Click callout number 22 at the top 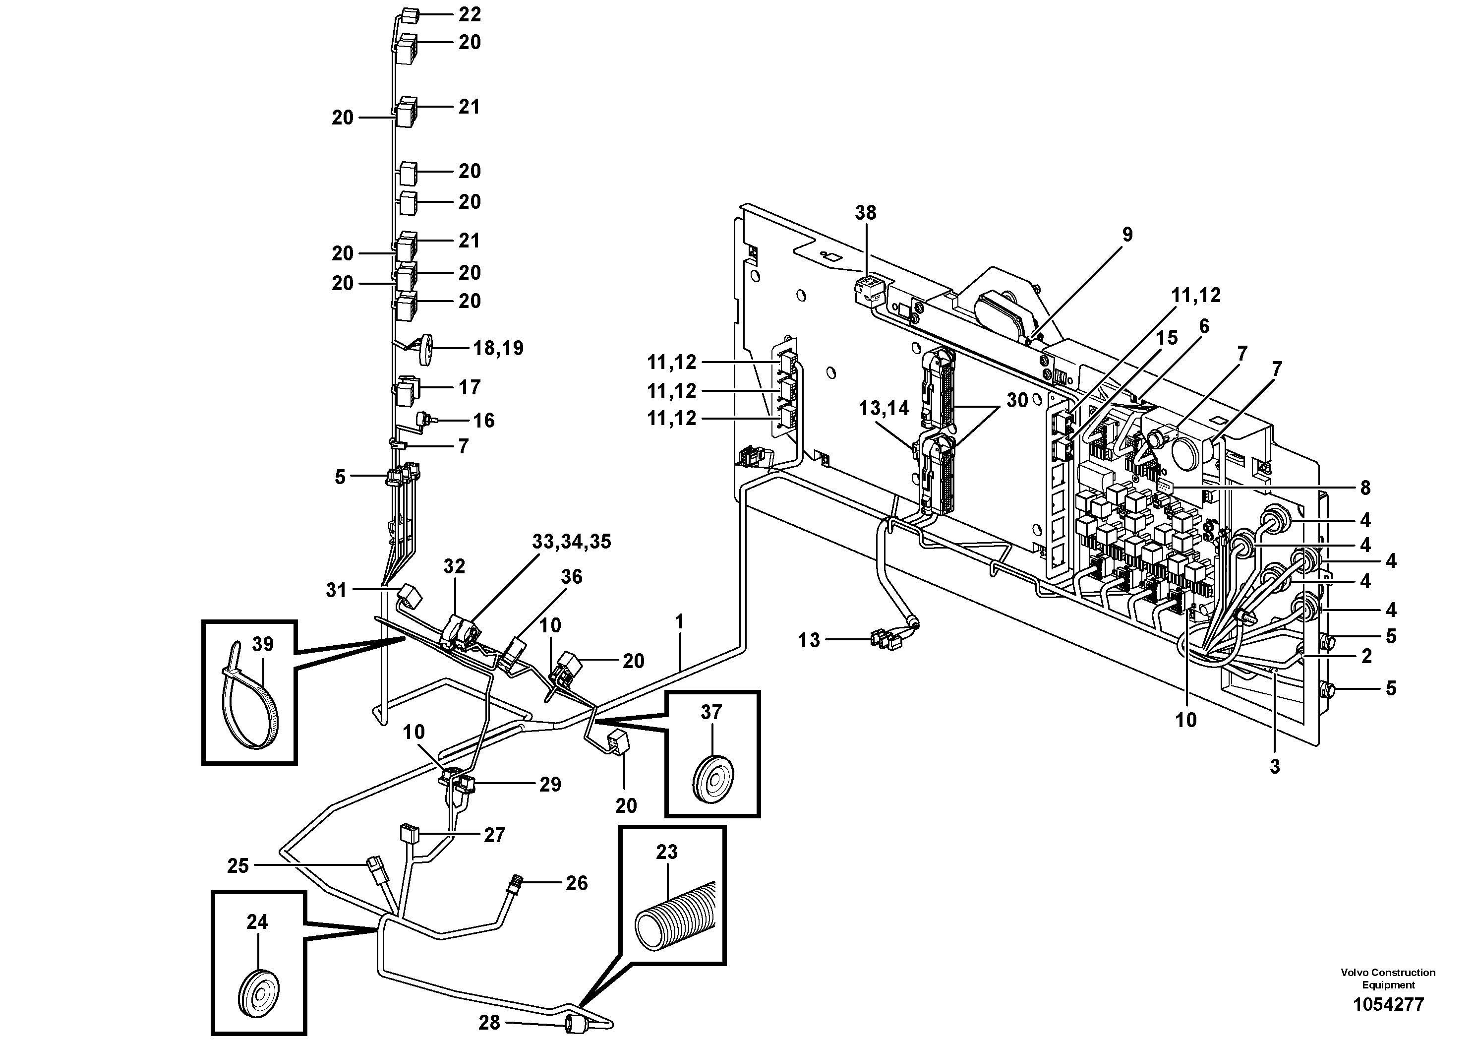(x=470, y=14)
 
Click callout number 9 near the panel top (x=1127, y=235)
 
